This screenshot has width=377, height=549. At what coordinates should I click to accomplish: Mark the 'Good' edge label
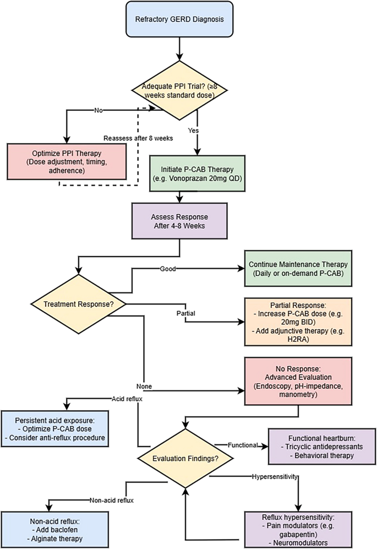click(x=167, y=270)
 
